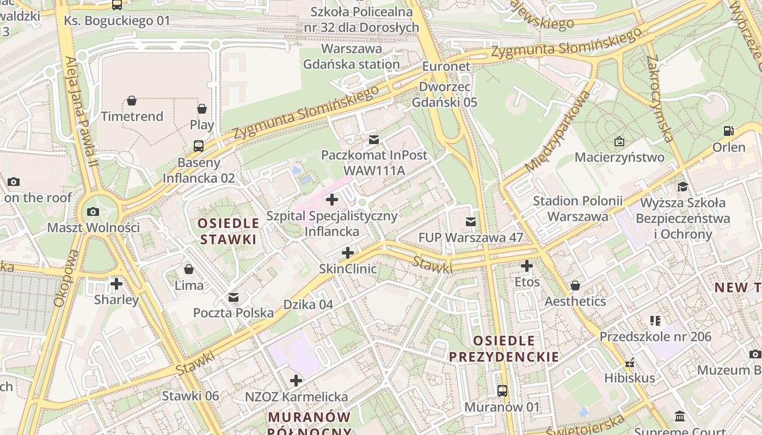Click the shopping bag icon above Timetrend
[132, 101]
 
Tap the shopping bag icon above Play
[202, 109]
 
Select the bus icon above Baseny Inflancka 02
[199, 146]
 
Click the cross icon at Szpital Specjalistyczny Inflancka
[332, 200]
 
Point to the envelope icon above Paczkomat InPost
[373, 140]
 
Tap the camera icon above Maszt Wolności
[93, 212]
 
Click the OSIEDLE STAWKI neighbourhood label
[228, 231]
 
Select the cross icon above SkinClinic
[348, 253]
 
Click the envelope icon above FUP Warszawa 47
[471, 222]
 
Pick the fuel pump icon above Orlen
[728, 131]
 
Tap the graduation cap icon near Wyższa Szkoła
[683, 187]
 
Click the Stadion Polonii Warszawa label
[577, 208]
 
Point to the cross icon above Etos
[527, 266]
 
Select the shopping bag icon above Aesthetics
[575, 285]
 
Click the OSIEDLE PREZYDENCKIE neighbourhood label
[503, 349]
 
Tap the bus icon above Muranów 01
[502, 390]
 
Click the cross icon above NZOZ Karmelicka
[296, 381]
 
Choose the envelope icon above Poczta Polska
[233, 297]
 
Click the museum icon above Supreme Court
[680, 417]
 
